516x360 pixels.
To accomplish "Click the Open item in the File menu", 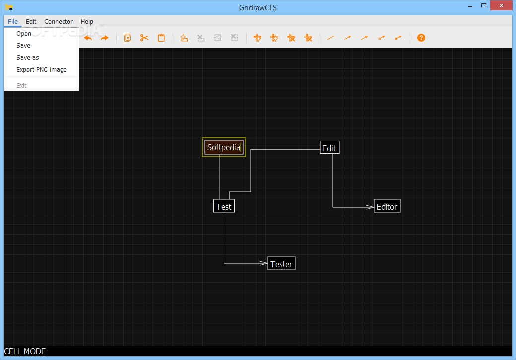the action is (x=24, y=34).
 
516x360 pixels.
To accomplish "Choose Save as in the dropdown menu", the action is (x=28, y=57).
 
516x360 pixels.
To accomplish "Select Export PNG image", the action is (x=42, y=70).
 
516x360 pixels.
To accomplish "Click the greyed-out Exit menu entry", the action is (x=21, y=85).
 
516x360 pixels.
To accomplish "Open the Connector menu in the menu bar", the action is (x=59, y=22).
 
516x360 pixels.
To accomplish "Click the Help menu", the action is (x=87, y=22).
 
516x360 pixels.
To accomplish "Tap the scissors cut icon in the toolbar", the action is (x=144, y=38).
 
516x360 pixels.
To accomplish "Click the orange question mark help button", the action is (x=421, y=38).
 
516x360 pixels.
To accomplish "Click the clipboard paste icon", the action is (x=161, y=38).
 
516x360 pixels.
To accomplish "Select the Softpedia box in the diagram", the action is (x=224, y=147).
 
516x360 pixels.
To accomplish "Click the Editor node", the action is (x=387, y=206).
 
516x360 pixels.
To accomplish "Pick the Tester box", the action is (x=281, y=264).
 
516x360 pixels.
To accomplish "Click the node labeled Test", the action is (x=224, y=206).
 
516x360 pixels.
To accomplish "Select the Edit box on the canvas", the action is (x=329, y=148).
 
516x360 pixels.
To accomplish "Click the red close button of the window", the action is (x=501, y=5).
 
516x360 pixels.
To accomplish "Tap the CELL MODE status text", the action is (x=25, y=352).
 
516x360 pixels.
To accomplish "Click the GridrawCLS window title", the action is (x=258, y=8).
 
